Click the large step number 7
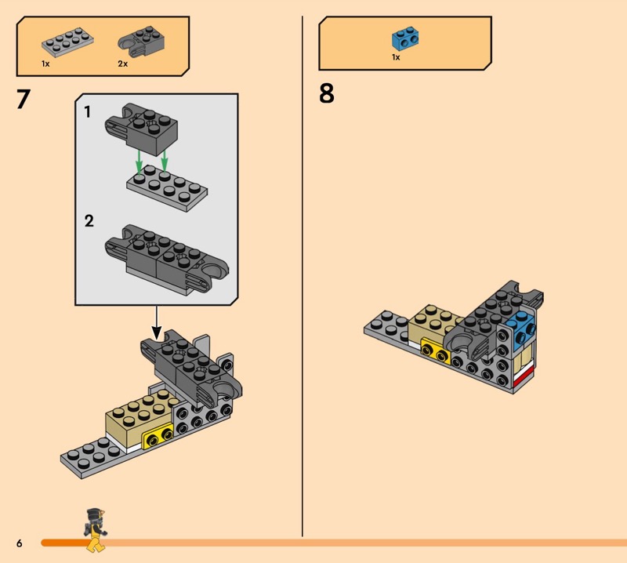click(24, 100)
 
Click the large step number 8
click(326, 93)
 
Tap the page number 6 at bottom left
click(19, 543)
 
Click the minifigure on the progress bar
click(96, 530)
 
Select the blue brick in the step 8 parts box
click(405, 38)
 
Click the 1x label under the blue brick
click(396, 57)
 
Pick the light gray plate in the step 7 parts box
click(67, 42)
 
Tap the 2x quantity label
click(123, 64)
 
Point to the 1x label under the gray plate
click(45, 64)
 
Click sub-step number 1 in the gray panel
click(87, 112)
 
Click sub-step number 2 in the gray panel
click(89, 221)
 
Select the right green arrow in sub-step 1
click(164, 159)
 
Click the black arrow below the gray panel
click(157, 323)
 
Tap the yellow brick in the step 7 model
click(158, 436)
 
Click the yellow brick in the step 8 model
click(435, 351)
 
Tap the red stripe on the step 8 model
click(524, 378)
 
